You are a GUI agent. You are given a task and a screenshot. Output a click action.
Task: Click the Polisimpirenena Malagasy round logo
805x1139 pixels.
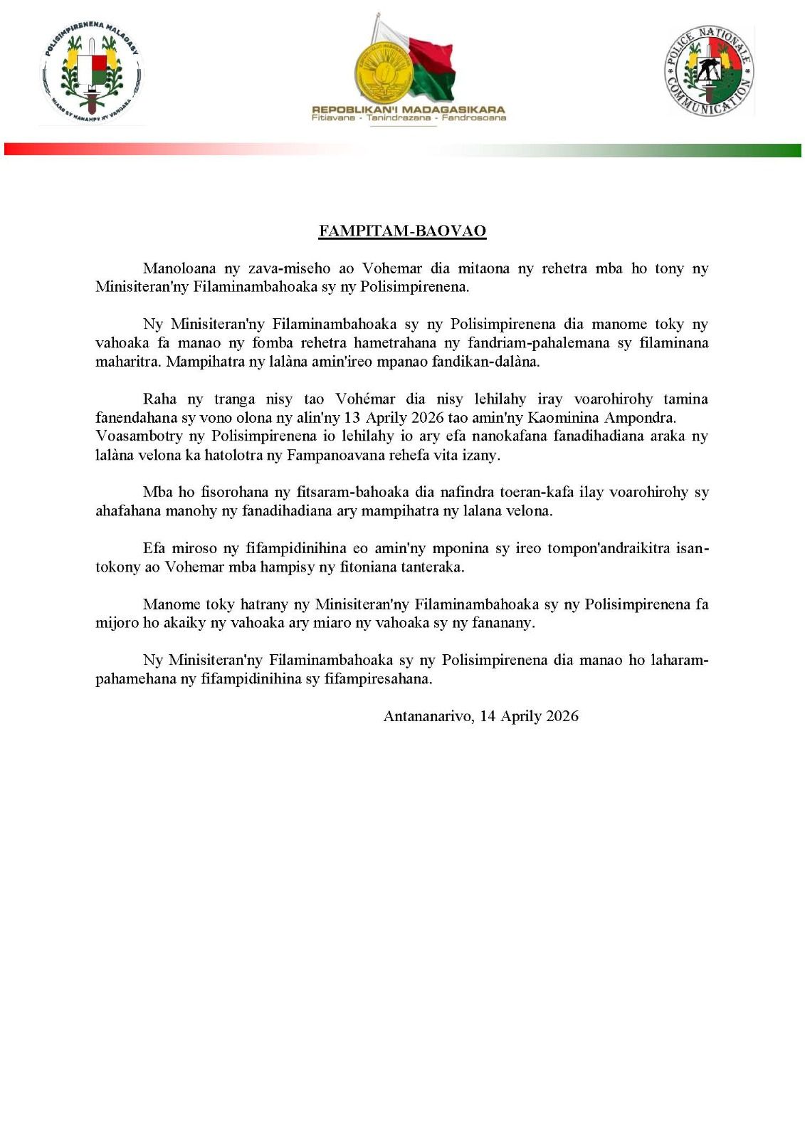(92, 73)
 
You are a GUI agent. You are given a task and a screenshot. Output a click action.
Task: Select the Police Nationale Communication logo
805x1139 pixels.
(709, 70)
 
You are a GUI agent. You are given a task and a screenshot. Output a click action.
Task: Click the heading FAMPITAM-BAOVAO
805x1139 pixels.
(402, 231)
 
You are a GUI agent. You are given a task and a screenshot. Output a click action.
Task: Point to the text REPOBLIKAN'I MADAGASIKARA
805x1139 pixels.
(409, 110)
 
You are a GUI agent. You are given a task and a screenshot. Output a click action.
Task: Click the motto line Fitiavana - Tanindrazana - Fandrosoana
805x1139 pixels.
(409, 118)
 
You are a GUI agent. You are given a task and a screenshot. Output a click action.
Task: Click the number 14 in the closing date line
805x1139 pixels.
(488, 715)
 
